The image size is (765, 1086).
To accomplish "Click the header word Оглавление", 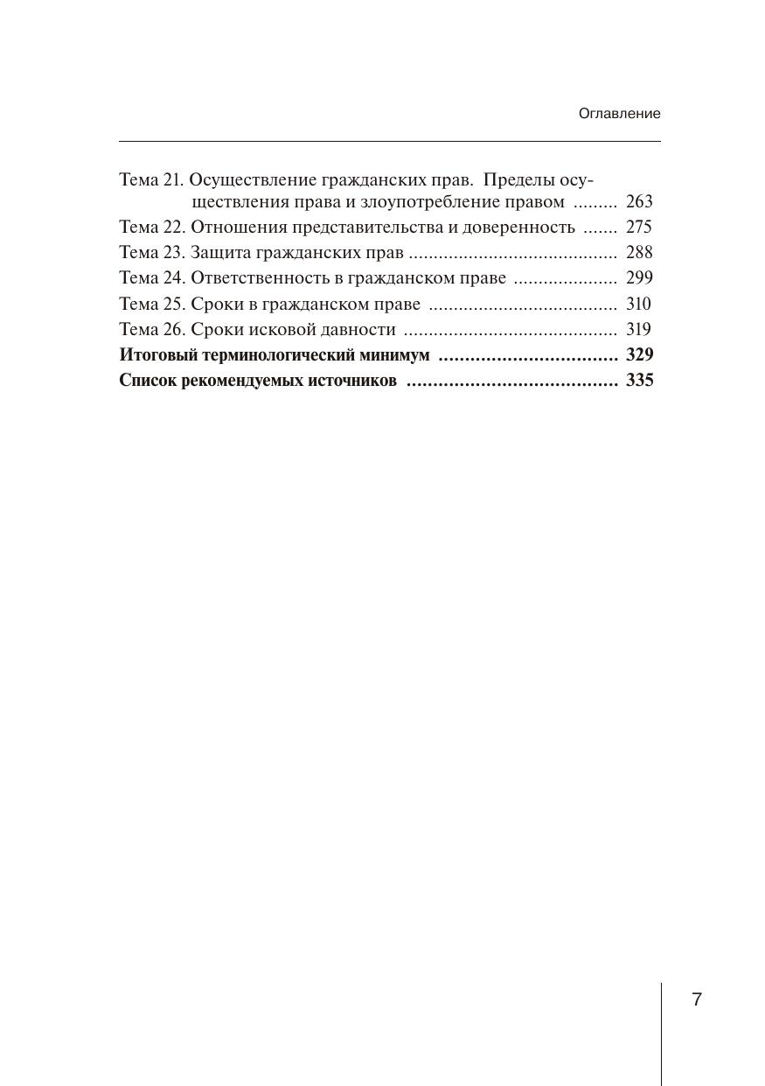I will (x=619, y=114).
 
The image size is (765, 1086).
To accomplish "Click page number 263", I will (x=639, y=202).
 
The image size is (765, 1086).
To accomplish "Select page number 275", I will (x=639, y=228).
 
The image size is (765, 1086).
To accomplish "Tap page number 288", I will (x=639, y=253).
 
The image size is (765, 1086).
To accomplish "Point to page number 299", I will (x=639, y=278).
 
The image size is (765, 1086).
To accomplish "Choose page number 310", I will (x=639, y=305).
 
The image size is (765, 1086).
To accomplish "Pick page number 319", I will (x=639, y=330).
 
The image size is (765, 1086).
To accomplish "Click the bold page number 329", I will (x=640, y=355).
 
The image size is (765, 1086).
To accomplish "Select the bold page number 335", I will (x=640, y=381).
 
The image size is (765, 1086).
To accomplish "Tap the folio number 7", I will (x=697, y=1000).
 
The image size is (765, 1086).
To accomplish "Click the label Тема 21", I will (x=151, y=180).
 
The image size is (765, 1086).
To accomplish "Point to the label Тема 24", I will (x=152, y=278).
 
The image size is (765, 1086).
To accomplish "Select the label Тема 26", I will (x=152, y=330).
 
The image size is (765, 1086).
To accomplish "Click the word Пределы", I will (x=519, y=180).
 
